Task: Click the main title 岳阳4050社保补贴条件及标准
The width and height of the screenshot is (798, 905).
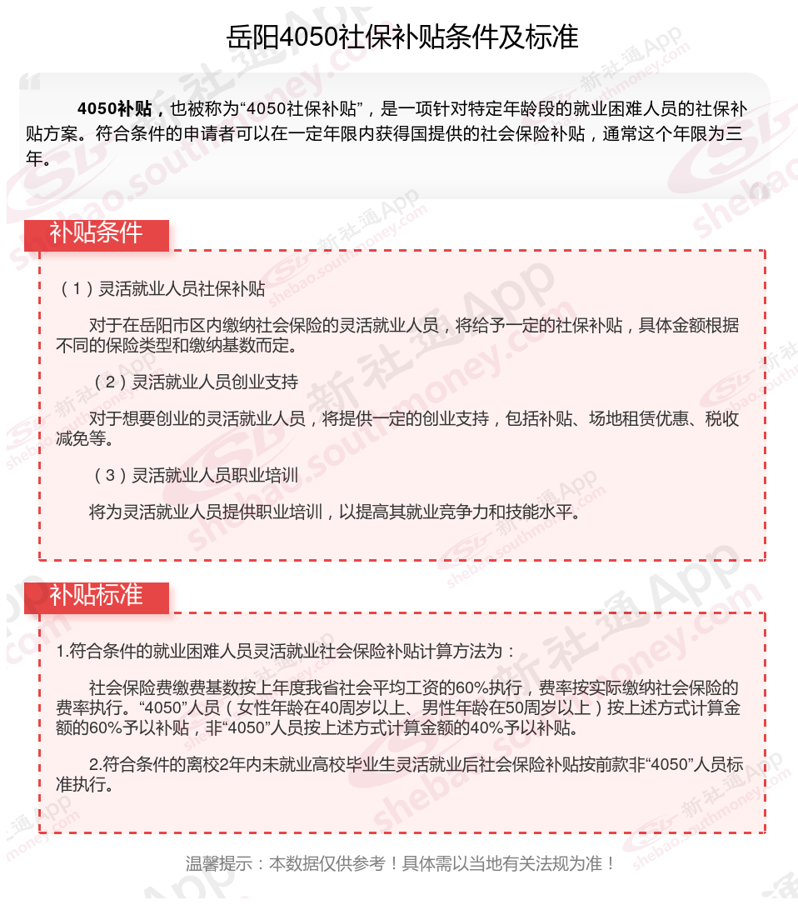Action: (402, 37)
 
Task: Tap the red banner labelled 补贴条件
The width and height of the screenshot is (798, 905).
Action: (96, 233)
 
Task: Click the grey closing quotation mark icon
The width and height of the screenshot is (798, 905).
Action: (758, 191)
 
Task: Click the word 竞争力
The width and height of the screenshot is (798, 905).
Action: (441, 512)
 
